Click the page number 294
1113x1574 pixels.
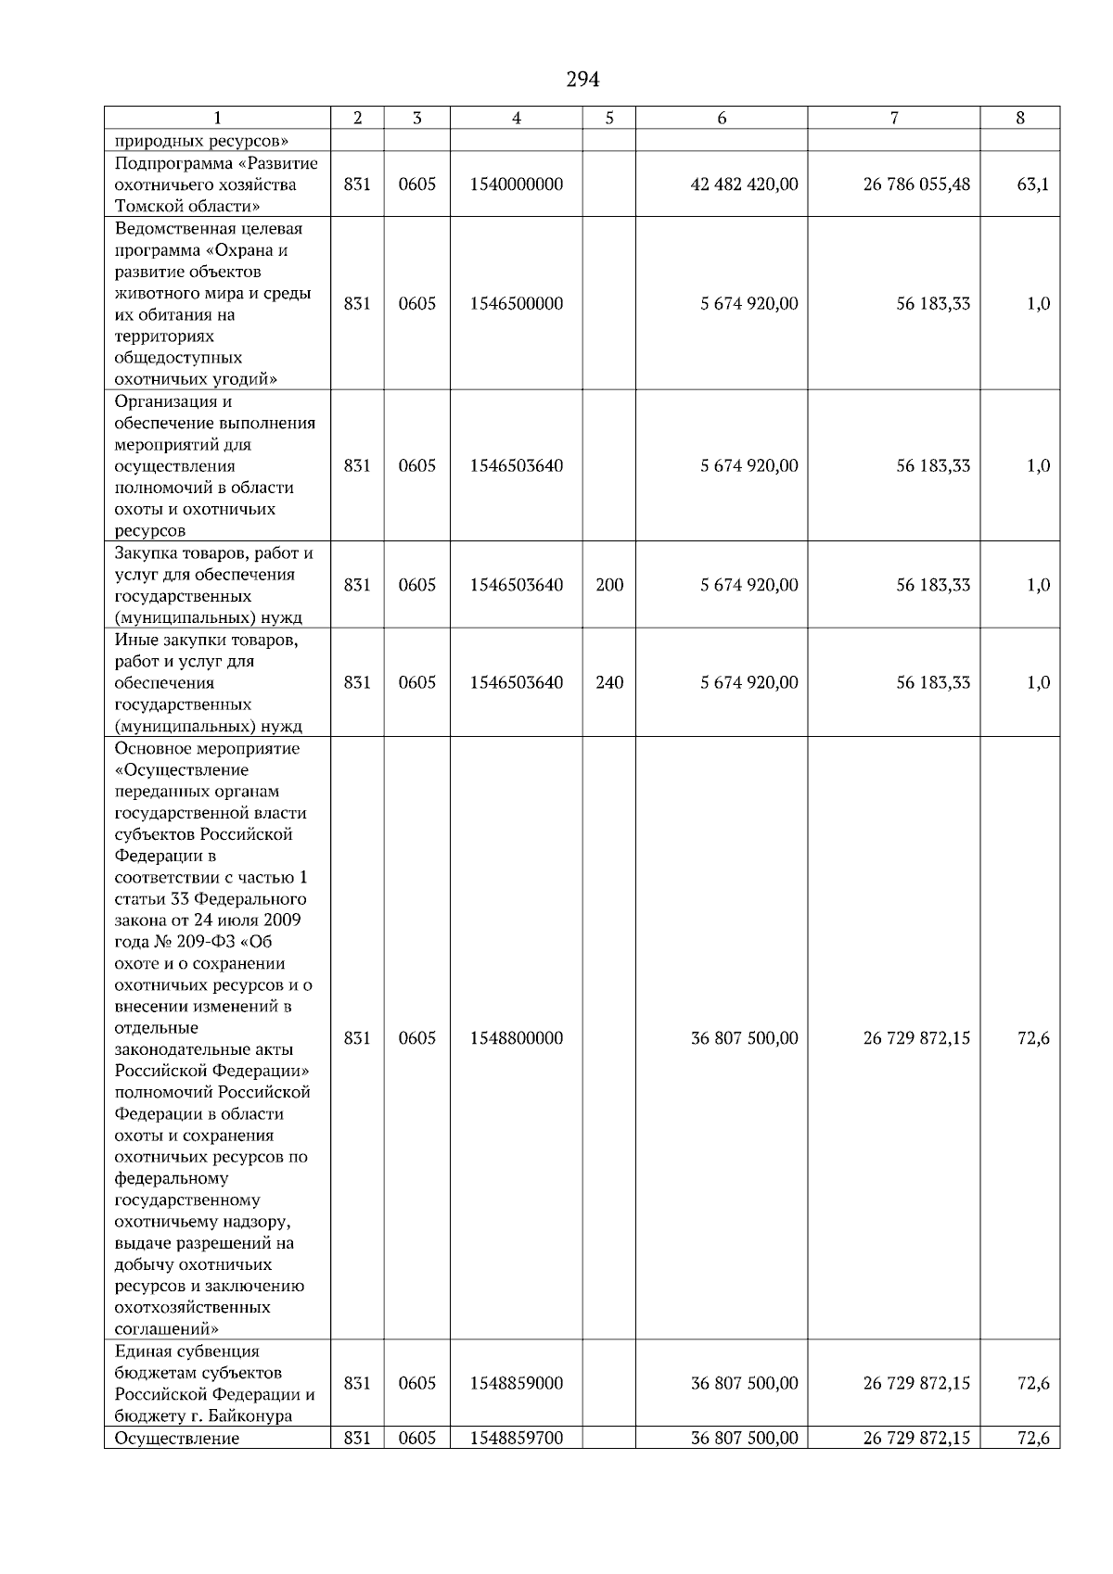(582, 80)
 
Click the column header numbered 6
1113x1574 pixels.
(722, 118)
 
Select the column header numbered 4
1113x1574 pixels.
(516, 118)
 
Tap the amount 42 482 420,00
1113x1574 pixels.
(744, 184)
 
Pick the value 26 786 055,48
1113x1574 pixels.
(916, 184)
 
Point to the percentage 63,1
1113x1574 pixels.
(1033, 184)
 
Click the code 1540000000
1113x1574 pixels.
(516, 184)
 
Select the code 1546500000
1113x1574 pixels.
(516, 304)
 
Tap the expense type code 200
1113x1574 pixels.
(609, 585)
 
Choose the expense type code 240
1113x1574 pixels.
(609, 683)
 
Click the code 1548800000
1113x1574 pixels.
(516, 1038)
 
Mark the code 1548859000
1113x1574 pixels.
(516, 1383)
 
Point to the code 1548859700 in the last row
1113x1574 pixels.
(516, 1439)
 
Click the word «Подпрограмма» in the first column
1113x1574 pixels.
(168, 163)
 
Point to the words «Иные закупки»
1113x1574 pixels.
(167, 640)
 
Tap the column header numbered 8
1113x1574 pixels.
(1020, 118)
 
